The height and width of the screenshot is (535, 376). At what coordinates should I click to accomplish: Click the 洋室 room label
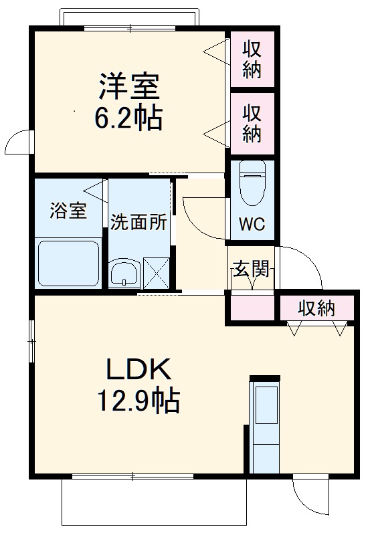coord(129,87)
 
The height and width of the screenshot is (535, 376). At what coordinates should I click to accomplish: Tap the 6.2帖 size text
coord(129,118)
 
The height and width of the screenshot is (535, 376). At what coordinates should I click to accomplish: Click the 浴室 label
coord(68,211)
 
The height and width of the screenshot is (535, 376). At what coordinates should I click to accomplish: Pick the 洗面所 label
coord(138,223)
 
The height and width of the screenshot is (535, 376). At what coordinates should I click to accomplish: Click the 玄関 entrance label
coord(252,270)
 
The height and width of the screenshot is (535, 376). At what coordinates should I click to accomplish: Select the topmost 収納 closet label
coord(252,59)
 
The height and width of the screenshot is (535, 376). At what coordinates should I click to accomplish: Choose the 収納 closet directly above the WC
coord(252,123)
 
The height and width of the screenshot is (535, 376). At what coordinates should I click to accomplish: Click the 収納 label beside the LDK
coord(316,309)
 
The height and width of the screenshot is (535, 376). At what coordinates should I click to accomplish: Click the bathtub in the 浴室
coord(69,263)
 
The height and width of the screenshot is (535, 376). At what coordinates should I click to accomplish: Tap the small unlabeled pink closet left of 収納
coord(253,308)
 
